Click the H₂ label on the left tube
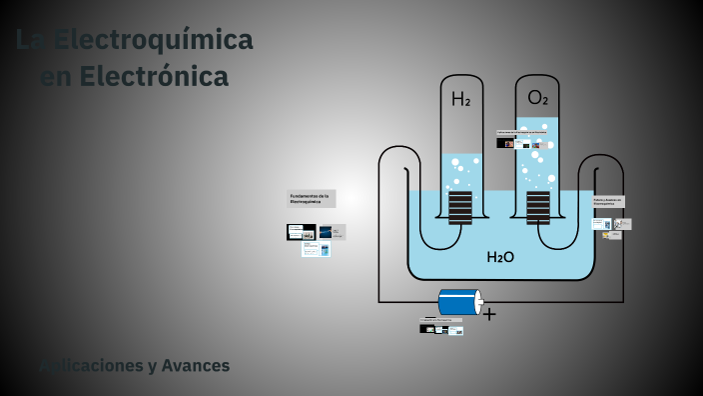[460, 99]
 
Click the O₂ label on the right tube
[538, 98]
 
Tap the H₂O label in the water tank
[500, 257]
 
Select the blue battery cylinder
[458, 302]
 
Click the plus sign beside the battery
[489, 313]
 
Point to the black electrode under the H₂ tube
[459, 208]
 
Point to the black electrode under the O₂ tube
[538, 208]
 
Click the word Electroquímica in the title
[153, 41]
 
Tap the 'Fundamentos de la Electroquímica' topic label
[312, 198]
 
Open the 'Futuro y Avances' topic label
[608, 201]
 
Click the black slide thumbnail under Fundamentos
[301, 232]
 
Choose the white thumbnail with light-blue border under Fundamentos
[316, 249]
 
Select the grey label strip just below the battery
[441, 320]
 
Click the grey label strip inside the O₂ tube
[522, 132]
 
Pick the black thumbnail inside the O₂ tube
[507, 143]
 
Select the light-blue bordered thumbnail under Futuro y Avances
[601, 224]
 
